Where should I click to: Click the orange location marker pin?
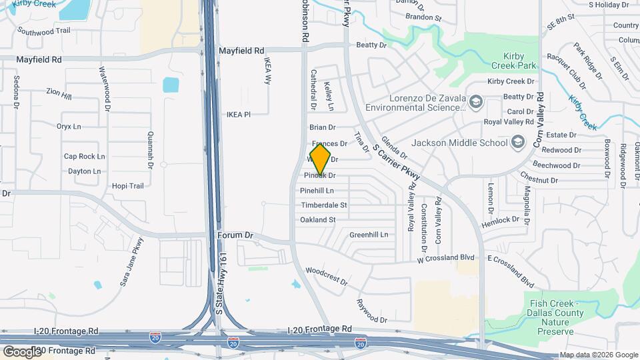[x=321, y=159]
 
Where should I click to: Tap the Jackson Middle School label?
[x=460, y=142]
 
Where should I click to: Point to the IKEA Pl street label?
[x=238, y=115]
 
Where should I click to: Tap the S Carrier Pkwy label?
[x=397, y=161]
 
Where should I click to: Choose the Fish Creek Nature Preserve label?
[x=551, y=317]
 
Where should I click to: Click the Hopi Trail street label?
[x=128, y=186]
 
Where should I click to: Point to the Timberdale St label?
[x=323, y=205]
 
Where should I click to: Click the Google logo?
[x=21, y=351]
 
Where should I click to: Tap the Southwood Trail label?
[x=43, y=31]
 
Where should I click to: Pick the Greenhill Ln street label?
[x=369, y=235]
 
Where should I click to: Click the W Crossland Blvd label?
[x=445, y=258]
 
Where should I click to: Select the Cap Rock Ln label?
[x=85, y=157]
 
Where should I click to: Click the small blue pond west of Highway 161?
[x=171, y=85]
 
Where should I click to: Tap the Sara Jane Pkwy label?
[x=131, y=262]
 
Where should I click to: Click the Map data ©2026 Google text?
[x=598, y=355]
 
